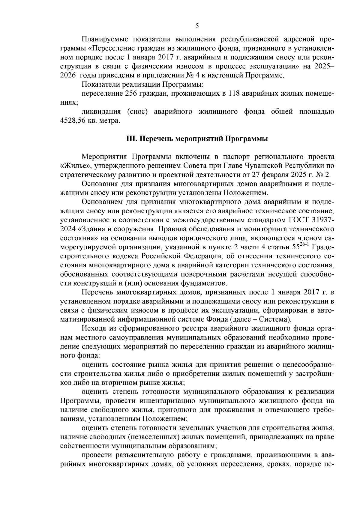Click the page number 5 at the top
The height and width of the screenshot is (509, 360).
pos(197,26)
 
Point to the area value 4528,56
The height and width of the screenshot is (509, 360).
pos(73,121)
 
